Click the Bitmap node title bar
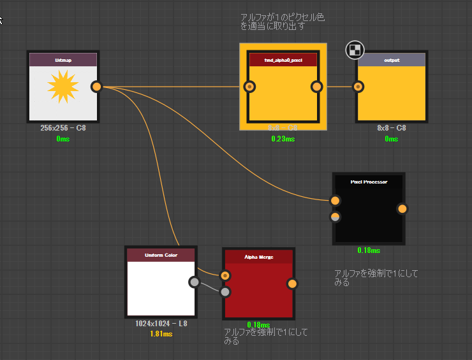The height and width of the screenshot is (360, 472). (x=63, y=60)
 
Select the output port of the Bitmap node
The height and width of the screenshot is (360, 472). (x=97, y=87)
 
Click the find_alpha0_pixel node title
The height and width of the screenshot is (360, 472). (x=283, y=60)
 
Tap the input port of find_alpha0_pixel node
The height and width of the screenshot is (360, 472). (x=250, y=87)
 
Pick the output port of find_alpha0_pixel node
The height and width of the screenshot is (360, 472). (x=317, y=87)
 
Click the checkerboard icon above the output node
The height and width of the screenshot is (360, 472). (x=355, y=50)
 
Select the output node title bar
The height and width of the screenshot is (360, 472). (x=392, y=60)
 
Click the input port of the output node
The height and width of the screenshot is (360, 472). (x=358, y=87)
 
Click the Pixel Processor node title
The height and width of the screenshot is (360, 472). (x=369, y=182)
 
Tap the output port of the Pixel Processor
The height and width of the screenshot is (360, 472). (x=402, y=208)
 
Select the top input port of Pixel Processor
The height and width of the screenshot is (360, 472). (x=336, y=201)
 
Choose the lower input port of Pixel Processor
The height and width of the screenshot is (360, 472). (x=336, y=217)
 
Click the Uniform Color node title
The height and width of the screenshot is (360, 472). (x=161, y=255)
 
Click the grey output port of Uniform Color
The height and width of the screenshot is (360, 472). (x=195, y=282)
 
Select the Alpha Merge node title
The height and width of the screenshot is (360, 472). (x=258, y=257)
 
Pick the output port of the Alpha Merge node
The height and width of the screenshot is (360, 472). (x=292, y=284)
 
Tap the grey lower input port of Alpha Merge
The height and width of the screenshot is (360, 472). (x=225, y=292)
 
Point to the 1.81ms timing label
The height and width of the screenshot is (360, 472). (x=161, y=333)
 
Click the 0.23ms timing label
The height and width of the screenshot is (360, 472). (x=283, y=138)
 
